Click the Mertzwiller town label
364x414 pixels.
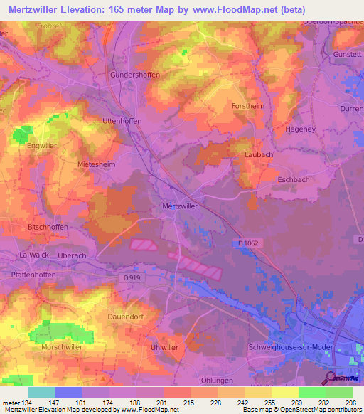coord(176,206)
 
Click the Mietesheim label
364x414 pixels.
coord(96,164)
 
